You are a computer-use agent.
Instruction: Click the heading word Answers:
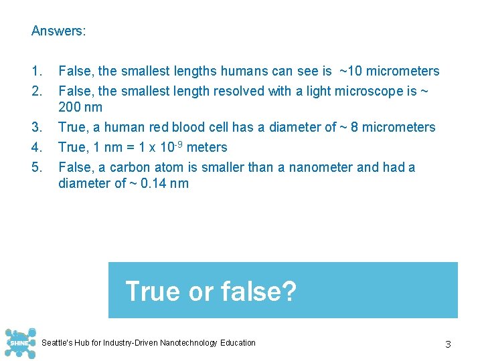(x=59, y=31)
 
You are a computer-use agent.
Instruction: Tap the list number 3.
(x=37, y=128)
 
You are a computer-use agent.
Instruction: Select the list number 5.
(x=37, y=168)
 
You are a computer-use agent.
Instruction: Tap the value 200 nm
(x=80, y=108)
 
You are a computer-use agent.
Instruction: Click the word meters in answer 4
(x=207, y=148)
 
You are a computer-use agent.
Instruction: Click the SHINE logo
(x=18, y=344)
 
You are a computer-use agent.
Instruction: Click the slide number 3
(x=448, y=344)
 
